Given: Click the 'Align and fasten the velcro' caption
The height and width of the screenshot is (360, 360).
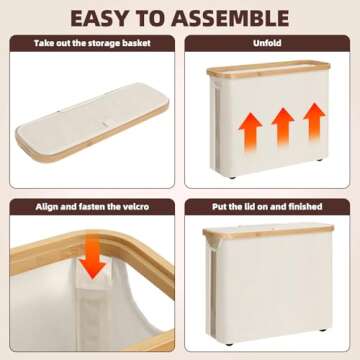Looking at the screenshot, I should tap(92, 205).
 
